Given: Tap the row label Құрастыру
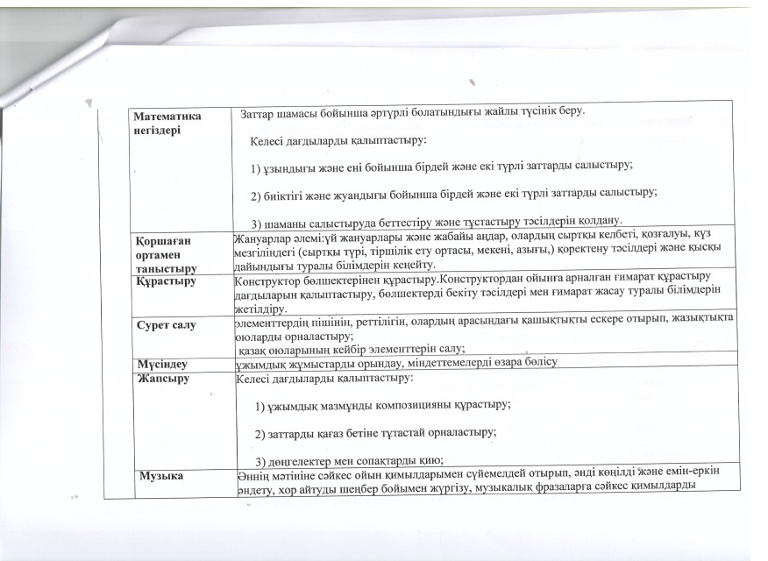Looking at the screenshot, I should pos(166,281).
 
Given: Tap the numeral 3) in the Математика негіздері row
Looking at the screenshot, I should pos(258,219).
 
